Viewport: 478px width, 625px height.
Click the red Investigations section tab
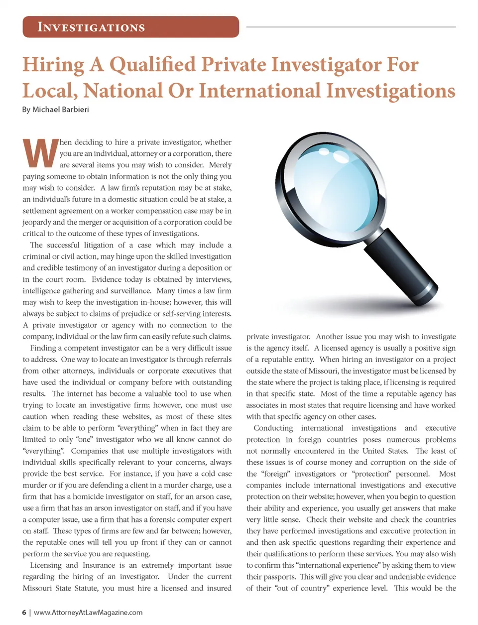pos(130,27)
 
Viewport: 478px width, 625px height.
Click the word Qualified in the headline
pos(152,65)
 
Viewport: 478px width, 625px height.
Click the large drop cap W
pos(40,153)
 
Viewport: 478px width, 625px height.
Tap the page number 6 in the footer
pos(24,612)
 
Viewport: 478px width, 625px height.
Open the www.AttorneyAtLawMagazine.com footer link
pos(88,612)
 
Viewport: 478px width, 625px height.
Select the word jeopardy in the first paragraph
pos(37,222)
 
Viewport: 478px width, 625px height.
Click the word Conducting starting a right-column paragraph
pos(273,428)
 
